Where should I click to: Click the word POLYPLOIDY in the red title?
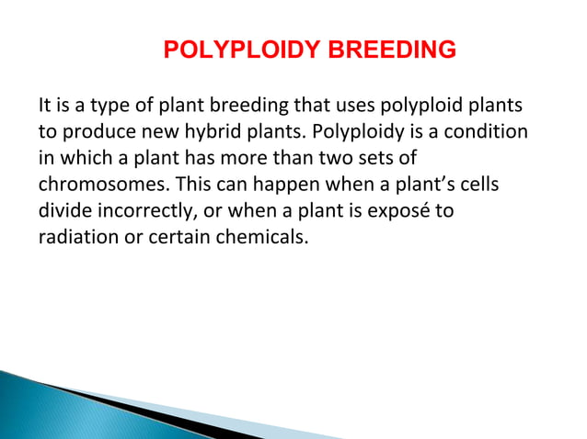(241, 50)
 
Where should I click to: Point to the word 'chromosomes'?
(90, 184)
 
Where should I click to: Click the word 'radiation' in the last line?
(73, 236)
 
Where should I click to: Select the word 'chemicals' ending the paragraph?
(270, 236)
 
